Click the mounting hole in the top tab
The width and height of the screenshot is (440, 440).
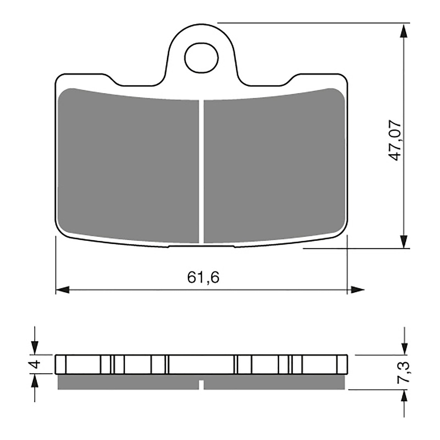(x=202, y=59)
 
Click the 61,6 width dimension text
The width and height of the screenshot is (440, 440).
(x=203, y=277)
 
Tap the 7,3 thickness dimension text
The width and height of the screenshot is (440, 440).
(x=403, y=373)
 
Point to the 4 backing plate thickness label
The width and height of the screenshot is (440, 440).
(x=35, y=365)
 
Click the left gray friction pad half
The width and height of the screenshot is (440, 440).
(x=129, y=168)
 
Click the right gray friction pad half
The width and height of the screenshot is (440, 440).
(x=274, y=168)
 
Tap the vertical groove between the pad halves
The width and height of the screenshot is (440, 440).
(x=201, y=170)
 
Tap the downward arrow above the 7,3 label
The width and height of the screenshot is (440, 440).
(x=404, y=348)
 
